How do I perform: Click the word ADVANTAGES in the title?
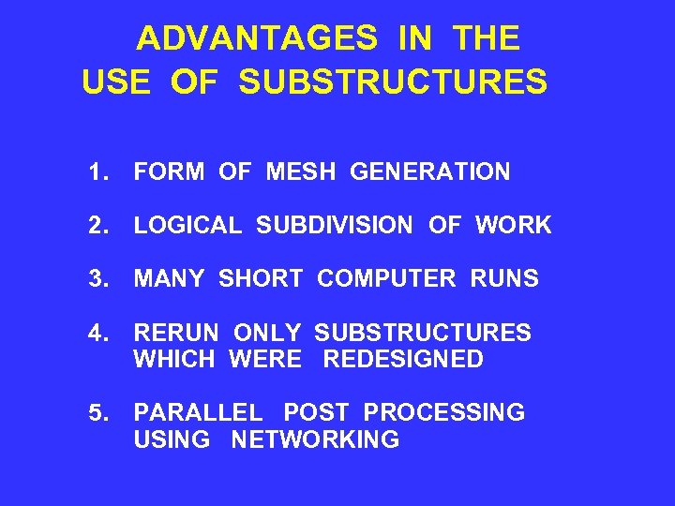click(x=258, y=39)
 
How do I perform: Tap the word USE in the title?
click(x=116, y=82)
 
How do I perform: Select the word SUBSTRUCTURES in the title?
click(x=393, y=82)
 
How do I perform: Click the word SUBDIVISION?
click(x=334, y=226)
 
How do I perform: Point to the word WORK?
click(x=513, y=226)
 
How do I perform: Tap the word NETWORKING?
click(x=315, y=439)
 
